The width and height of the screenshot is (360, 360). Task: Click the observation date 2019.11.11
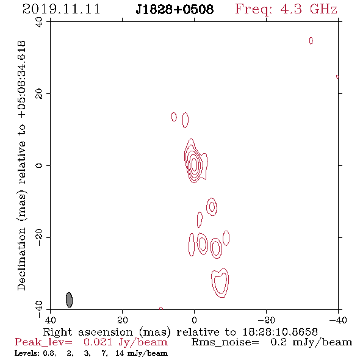coord(61,9)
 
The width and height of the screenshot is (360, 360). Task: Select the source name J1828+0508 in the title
coord(175,10)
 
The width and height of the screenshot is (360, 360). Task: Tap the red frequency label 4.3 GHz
coord(309,9)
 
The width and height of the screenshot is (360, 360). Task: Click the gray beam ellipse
coord(69,300)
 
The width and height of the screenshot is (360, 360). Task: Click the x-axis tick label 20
coord(123,320)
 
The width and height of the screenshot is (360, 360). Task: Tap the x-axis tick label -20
coord(266,320)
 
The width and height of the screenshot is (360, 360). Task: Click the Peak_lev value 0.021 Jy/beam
coord(125,342)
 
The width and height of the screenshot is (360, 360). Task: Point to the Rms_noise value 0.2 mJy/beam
coord(311,342)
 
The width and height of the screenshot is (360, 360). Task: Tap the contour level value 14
coord(120,353)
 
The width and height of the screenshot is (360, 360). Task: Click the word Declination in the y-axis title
coord(21,259)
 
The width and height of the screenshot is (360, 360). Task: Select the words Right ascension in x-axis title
coord(88,332)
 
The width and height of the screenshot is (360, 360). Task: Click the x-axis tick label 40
coord(50,320)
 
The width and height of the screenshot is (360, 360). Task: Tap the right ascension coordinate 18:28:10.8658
coord(280,332)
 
